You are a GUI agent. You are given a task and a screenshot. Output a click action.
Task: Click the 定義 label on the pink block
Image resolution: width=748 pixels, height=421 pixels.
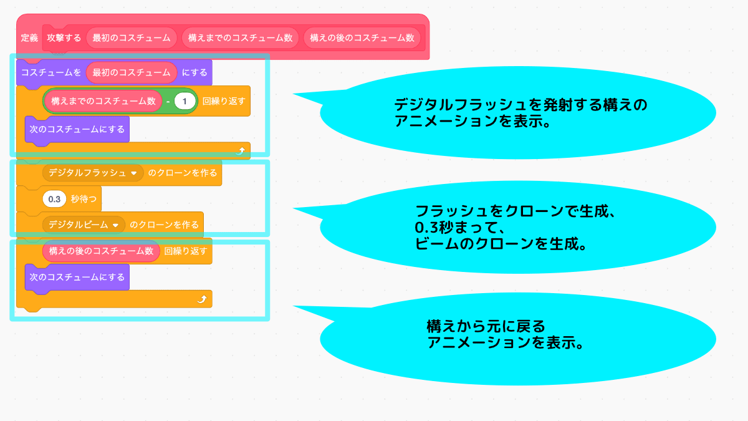click(x=30, y=38)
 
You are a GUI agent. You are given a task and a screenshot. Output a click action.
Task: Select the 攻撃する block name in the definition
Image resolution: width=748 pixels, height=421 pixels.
click(x=64, y=38)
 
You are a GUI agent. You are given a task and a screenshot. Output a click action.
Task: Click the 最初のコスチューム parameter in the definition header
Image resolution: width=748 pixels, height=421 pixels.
click(x=132, y=38)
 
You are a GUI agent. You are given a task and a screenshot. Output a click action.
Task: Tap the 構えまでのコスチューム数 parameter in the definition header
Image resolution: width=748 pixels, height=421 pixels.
click(x=240, y=38)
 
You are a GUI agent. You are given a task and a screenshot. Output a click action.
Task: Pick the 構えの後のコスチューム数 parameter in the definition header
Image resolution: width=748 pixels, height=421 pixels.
click(x=362, y=38)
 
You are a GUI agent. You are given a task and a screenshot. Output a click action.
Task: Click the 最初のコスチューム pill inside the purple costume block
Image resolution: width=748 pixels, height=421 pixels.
click(x=132, y=73)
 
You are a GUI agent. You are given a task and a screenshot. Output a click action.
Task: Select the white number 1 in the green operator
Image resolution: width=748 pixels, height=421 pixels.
click(x=185, y=101)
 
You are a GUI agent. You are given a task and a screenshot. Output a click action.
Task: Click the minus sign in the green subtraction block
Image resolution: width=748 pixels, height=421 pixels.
click(x=168, y=101)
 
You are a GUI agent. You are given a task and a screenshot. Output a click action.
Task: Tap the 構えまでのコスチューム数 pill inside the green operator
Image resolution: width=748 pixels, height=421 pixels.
click(x=103, y=101)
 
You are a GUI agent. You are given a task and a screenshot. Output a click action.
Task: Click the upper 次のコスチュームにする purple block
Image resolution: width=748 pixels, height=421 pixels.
click(x=77, y=130)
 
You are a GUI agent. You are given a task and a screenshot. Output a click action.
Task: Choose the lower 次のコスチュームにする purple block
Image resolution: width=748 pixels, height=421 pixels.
click(x=77, y=277)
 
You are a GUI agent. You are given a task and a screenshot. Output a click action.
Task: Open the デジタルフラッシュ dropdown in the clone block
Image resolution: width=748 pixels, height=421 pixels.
click(x=134, y=173)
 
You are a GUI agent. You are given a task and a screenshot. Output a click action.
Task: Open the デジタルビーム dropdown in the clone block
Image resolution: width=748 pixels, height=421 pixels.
click(x=115, y=225)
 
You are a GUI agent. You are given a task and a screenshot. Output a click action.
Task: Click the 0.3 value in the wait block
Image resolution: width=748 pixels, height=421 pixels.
click(x=54, y=200)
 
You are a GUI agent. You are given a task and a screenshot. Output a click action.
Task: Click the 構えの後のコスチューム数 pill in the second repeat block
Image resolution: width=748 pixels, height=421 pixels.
click(x=101, y=251)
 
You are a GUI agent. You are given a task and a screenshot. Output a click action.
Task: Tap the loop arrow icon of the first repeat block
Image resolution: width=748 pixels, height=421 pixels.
click(x=241, y=151)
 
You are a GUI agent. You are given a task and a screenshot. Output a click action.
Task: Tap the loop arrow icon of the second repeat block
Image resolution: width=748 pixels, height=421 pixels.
click(x=202, y=300)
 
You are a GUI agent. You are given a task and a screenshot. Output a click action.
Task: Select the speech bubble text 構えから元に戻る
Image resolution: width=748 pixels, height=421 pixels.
click(x=486, y=326)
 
